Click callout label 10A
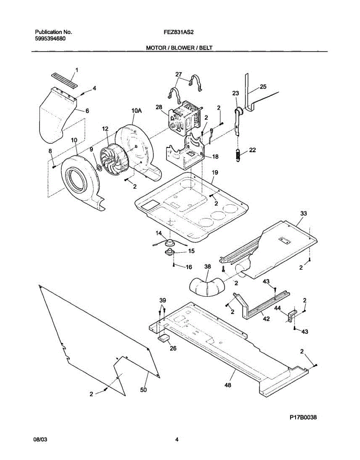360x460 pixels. pos(136,111)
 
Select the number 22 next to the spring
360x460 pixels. pos(252,150)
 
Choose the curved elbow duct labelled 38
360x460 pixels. pos(205,287)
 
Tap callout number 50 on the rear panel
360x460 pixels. pos(143,389)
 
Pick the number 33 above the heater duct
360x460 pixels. pos(304,213)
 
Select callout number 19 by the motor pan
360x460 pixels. pos(215,173)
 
